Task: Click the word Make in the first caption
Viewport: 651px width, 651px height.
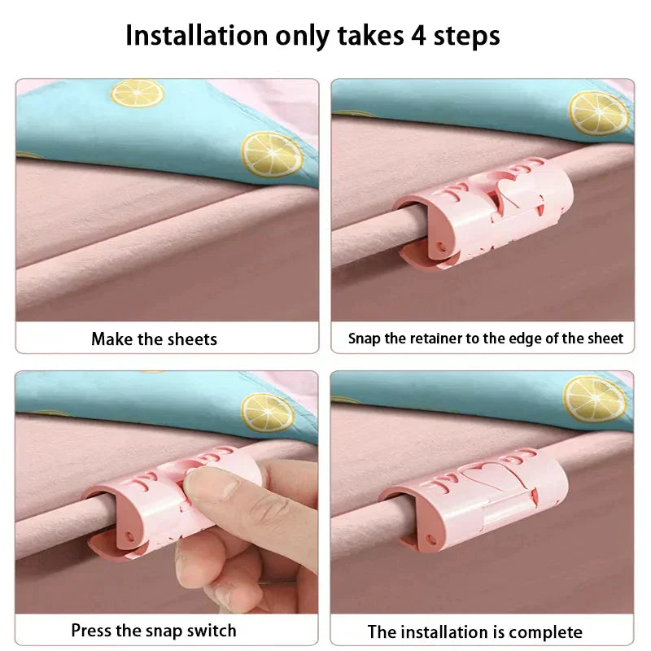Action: (112, 339)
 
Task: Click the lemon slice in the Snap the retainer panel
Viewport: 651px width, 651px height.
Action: (598, 112)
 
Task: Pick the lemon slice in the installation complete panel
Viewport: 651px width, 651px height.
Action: (595, 399)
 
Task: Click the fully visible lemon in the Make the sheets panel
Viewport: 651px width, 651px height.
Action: (271, 153)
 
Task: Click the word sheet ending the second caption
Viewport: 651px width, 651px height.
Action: (605, 339)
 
